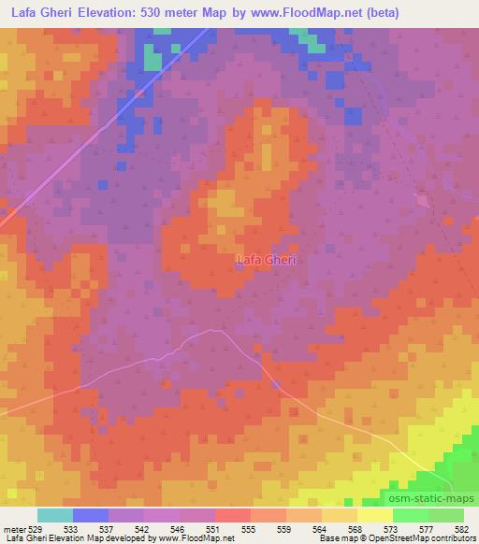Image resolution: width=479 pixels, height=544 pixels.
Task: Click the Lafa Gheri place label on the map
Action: click(x=267, y=260)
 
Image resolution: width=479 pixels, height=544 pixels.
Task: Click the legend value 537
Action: click(x=109, y=528)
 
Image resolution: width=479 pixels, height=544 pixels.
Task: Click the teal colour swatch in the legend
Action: click(x=55, y=515)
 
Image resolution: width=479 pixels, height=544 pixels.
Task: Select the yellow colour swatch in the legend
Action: click(x=374, y=515)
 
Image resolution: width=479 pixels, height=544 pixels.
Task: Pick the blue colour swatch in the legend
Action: click(x=91, y=515)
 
